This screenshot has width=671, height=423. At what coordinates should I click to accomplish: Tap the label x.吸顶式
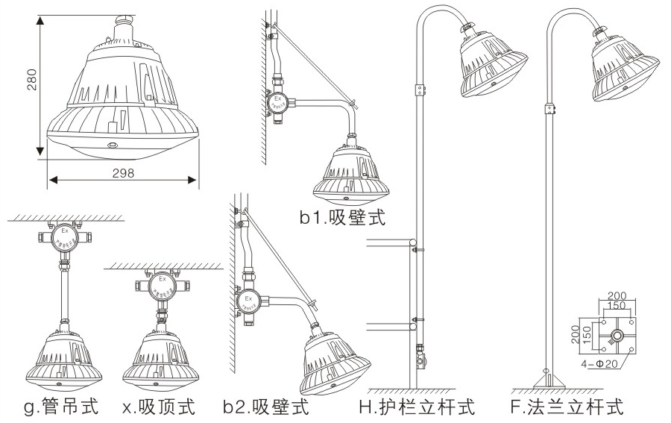(x=159, y=408)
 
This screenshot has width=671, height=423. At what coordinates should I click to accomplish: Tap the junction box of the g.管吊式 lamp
(x=65, y=237)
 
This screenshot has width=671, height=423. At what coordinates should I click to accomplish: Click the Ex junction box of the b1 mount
(x=277, y=102)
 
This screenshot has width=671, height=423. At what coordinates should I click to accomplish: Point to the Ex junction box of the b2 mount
(x=249, y=302)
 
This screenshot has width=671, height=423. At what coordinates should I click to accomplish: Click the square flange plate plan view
(x=616, y=333)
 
